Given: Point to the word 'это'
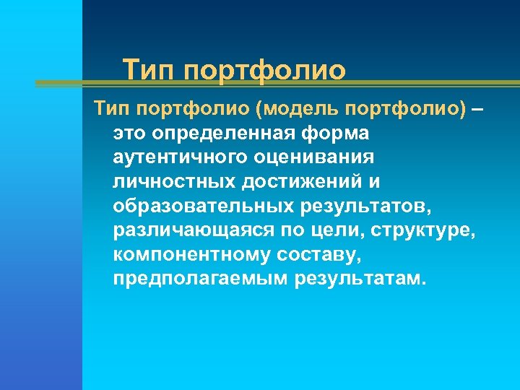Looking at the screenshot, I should coord(131,134).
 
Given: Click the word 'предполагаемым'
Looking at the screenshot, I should coord(200,279).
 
